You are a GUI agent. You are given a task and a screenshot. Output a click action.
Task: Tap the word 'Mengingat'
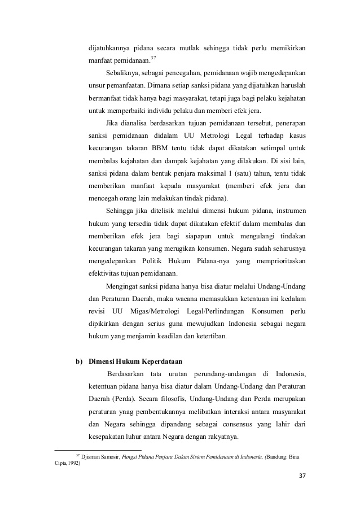[123, 287]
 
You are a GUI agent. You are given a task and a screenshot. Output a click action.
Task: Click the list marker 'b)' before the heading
[80, 361]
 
